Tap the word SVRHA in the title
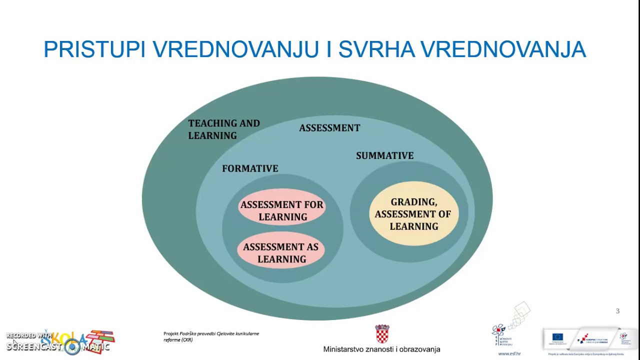(x=376, y=49)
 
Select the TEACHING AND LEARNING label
(x=223, y=129)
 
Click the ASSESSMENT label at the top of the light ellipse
(x=329, y=128)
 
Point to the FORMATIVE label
(x=250, y=168)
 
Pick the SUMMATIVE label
(x=384, y=155)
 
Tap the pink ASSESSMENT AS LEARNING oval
(x=281, y=250)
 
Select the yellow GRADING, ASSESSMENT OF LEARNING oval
(x=413, y=213)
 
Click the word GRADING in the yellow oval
(x=413, y=202)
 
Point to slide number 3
(x=617, y=311)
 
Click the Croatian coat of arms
(x=382, y=334)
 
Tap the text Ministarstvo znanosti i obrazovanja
(x=381, y=349)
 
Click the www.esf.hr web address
(x=509, y=353)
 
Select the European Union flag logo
(x=557, y=337)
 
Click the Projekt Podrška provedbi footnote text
(x=211, y=336)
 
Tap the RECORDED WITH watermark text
(x=29, y=335)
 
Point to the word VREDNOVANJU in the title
(x=235, y=49)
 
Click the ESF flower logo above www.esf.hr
(x=499, y=330)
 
